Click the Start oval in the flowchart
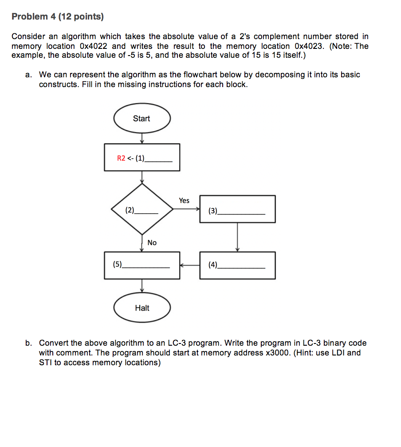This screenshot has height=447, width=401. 142,119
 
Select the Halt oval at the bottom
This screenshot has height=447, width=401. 142,308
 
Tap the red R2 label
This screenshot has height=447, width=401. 121,158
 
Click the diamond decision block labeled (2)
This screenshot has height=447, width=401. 142,209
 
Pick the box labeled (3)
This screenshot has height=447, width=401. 237,209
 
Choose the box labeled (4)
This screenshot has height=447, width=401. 237,265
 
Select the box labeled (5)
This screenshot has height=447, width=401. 142,265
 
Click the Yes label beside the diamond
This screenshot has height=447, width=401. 184,201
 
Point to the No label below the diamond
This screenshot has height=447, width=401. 152,243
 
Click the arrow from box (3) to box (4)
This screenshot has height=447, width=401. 237,237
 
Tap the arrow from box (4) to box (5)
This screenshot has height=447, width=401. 190,265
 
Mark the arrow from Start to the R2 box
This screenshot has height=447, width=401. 142,138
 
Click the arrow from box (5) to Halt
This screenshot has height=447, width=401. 142,286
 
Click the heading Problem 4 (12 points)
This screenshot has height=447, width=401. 58,17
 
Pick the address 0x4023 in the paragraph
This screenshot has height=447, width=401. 310,46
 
